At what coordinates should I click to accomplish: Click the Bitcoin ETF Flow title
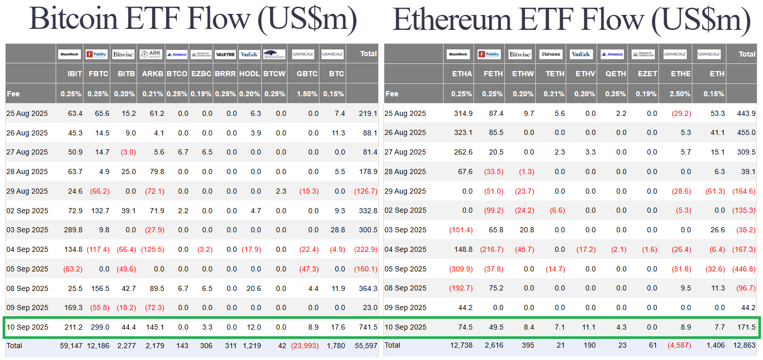(x=193, y=19)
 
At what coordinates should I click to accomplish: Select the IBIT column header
(x=75, y=74)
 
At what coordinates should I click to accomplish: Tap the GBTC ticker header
(x=308, y=74)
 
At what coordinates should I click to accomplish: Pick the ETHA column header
(x=462, y=74)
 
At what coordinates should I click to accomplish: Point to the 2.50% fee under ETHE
(x=680, y=94)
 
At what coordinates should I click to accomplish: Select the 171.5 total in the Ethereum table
(x=747, y=327)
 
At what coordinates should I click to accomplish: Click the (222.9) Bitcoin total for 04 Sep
(x=366, y=249)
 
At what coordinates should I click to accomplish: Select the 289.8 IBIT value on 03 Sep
(x=74, y=230)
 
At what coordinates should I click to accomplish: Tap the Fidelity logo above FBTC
(x=96, y=54)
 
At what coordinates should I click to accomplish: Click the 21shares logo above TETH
(x=551, y=54)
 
